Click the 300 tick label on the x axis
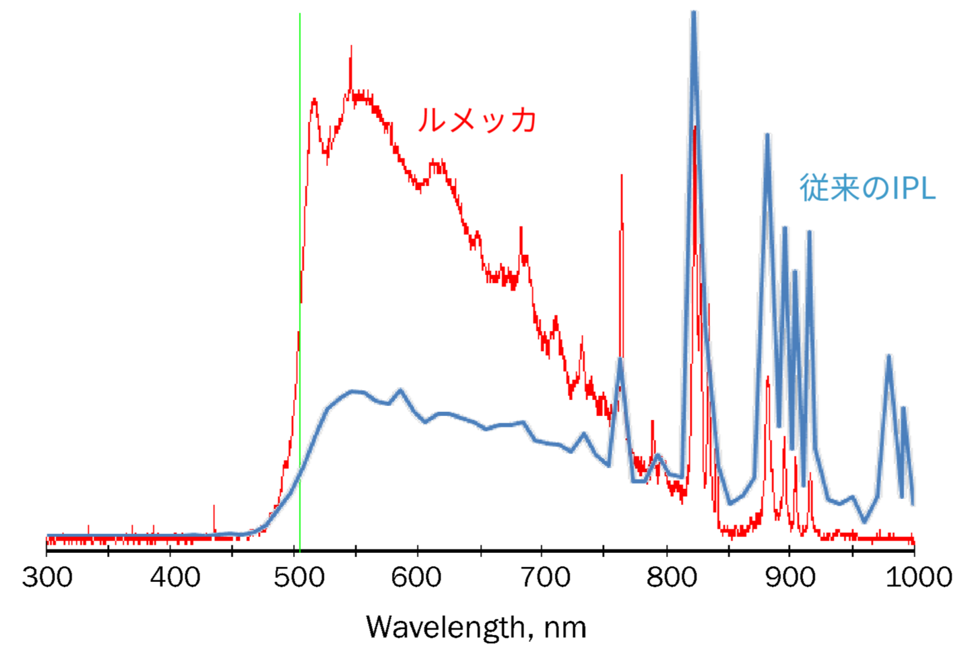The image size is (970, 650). click(x=47, y=578)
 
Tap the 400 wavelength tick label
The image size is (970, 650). click(x=175, y=578)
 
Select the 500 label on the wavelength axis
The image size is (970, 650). click(x=299, y=578)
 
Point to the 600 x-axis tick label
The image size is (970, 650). click(x=418, y=578)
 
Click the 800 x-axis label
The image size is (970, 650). click(x=672, y=578)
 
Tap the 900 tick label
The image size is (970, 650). click(x=791, y=578)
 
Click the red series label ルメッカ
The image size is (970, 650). click(x=477, y=120)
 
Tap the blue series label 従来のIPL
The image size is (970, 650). click(x=868, y=187)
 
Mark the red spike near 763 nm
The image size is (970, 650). click(x=621, y=177)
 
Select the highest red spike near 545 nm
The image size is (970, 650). click(x=351, y=49)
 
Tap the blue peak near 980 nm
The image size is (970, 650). click(x=889, y=357)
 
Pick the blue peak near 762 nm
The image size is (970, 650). click(x=620, y=360)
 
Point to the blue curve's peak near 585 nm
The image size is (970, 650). click(x=401, y=390)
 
